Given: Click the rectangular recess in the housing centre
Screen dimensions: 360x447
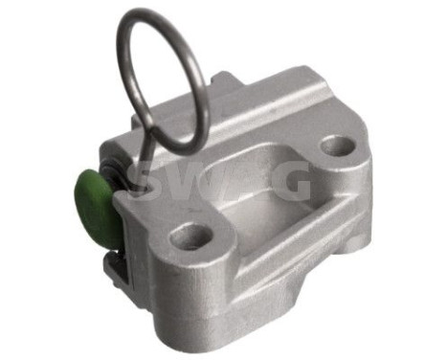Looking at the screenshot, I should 258,182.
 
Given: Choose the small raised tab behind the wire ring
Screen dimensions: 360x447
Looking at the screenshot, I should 221,84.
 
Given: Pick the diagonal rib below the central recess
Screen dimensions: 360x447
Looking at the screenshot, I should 287,235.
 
